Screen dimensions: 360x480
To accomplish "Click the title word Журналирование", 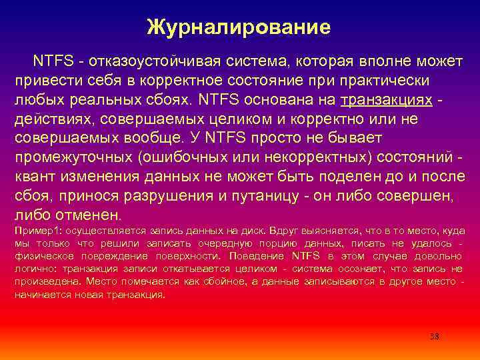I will (239, 27).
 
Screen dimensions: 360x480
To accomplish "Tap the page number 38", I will (434, 336).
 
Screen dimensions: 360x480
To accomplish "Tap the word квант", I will (33, 177).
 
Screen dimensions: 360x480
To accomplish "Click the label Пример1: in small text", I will (34, 231).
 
